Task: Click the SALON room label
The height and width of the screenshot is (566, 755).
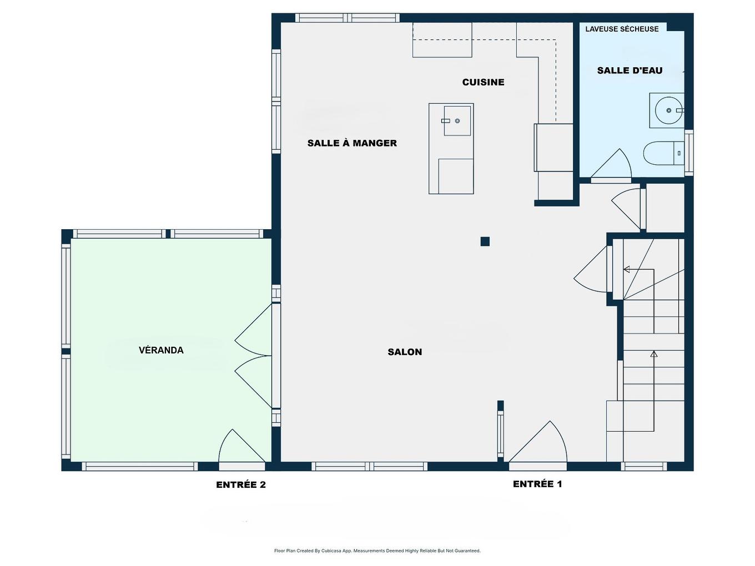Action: coord(405,352)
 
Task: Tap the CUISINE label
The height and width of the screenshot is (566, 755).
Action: coord(483,82)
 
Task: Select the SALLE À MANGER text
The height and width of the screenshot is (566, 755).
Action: coord(352,143)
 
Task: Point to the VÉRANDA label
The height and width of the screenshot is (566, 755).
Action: coord(161,350)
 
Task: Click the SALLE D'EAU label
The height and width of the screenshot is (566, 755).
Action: coord(630,70)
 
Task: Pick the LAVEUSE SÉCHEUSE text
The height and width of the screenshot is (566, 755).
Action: coord(622,29)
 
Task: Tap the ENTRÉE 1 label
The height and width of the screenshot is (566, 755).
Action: coord(537,484)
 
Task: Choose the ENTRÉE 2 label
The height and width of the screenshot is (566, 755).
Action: coord(241,484)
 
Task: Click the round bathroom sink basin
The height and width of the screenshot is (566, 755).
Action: coord(668,110)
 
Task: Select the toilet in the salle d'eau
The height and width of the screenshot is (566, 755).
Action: coord(663,153)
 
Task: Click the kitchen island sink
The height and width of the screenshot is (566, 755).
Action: coord(457,120)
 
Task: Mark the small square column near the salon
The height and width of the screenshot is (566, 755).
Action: coord(485,241)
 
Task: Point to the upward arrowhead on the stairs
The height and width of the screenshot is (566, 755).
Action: coord(653,355)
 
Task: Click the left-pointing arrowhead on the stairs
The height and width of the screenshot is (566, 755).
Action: coord(627,270)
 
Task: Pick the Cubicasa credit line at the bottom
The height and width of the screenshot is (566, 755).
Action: coord(377,550)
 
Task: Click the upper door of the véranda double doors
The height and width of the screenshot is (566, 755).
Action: coord(253,329)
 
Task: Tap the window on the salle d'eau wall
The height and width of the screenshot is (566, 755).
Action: coord(688,153)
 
